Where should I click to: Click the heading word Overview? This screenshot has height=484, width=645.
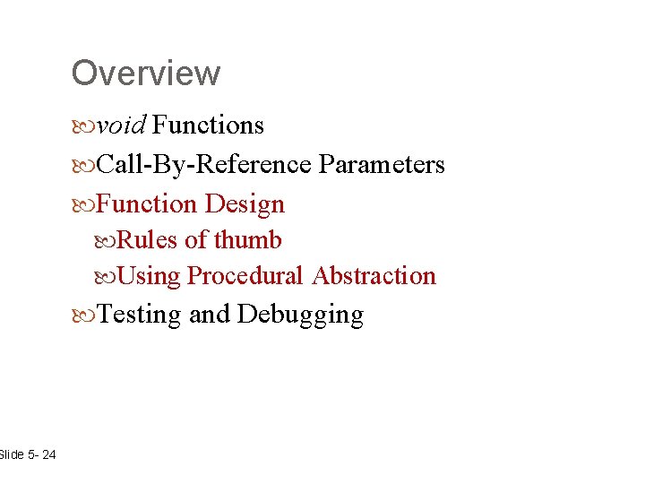pos(145,73)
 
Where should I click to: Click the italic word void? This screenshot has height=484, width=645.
pos(121,125)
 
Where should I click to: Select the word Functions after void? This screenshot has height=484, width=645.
pos(208,125)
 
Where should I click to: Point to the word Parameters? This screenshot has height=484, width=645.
pos(382,165)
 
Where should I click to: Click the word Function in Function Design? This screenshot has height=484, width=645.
pos(146,204)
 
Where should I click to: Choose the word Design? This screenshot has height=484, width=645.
pos(245,204)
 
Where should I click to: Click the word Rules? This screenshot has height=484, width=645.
pos(148,240)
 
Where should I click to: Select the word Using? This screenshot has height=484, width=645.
pos(149,276)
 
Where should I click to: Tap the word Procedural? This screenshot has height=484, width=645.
pos(245,276)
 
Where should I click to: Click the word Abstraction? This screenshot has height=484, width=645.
pos(374,276)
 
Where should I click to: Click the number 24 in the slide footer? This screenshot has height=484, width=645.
pos(47,455)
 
